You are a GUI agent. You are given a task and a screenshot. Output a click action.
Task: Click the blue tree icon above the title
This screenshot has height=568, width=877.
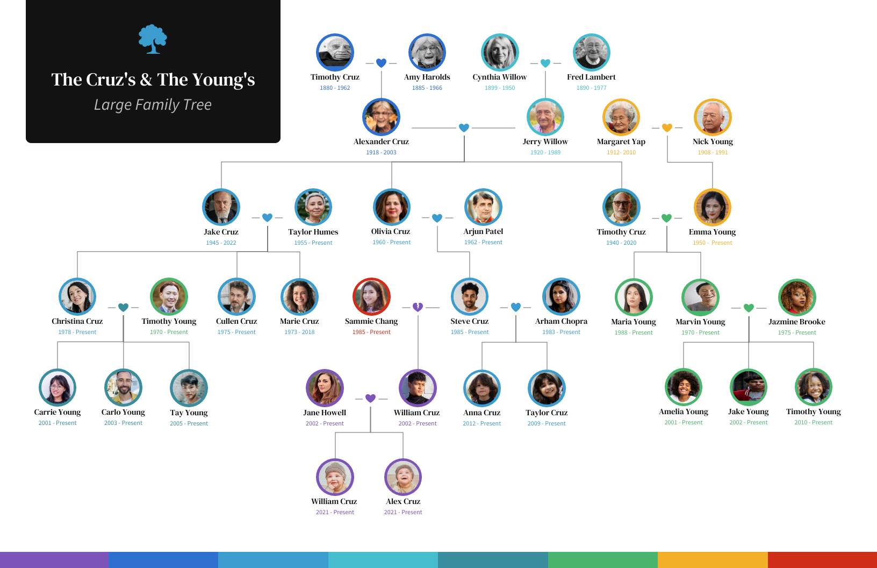click(153, 39)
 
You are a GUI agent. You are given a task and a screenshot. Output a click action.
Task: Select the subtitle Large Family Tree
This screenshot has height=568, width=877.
click(153, 104)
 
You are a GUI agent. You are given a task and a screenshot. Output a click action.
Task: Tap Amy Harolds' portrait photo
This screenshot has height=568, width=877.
click(427, 53)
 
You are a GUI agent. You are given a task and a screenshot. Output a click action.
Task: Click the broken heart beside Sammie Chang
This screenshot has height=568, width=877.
click(418, 307)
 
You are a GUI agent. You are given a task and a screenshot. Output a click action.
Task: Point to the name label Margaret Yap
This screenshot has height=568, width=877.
click(621, 141)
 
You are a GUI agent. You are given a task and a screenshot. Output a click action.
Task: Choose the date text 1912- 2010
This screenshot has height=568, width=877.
click(621, 152)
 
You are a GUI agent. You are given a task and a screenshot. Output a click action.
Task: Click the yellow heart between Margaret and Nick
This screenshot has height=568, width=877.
click(667, 127)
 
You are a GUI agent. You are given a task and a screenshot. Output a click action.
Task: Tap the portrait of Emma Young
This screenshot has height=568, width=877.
click(712, 207)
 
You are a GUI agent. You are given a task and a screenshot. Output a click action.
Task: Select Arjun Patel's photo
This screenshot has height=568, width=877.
click(483, 207)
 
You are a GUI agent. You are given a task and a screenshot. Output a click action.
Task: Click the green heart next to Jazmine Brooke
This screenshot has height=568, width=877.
click(749, 308)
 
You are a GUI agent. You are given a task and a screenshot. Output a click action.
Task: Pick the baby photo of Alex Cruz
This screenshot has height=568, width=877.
click(403, 477)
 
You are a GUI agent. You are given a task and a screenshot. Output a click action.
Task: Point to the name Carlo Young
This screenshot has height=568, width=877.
click(123, 412)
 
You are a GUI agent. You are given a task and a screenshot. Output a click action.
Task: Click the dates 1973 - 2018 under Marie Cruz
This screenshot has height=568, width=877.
click(299, 332)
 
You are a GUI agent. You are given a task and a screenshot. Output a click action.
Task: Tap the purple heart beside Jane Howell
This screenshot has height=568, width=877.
click(370, 398)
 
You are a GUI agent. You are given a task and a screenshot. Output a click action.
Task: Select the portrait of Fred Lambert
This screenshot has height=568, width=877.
click(591, 53)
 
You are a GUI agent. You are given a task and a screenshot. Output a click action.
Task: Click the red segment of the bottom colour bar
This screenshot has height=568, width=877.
click(822, 560)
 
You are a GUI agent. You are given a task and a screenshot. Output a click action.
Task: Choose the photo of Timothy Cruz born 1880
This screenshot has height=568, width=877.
click(335, 53)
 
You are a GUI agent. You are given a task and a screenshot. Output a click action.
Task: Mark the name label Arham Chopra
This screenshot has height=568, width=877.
click(561, 321)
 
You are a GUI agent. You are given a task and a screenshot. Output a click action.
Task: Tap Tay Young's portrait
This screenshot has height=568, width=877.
click(189, 388)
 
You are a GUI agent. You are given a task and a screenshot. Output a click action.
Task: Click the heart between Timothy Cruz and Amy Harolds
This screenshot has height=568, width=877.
click(381, 63)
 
